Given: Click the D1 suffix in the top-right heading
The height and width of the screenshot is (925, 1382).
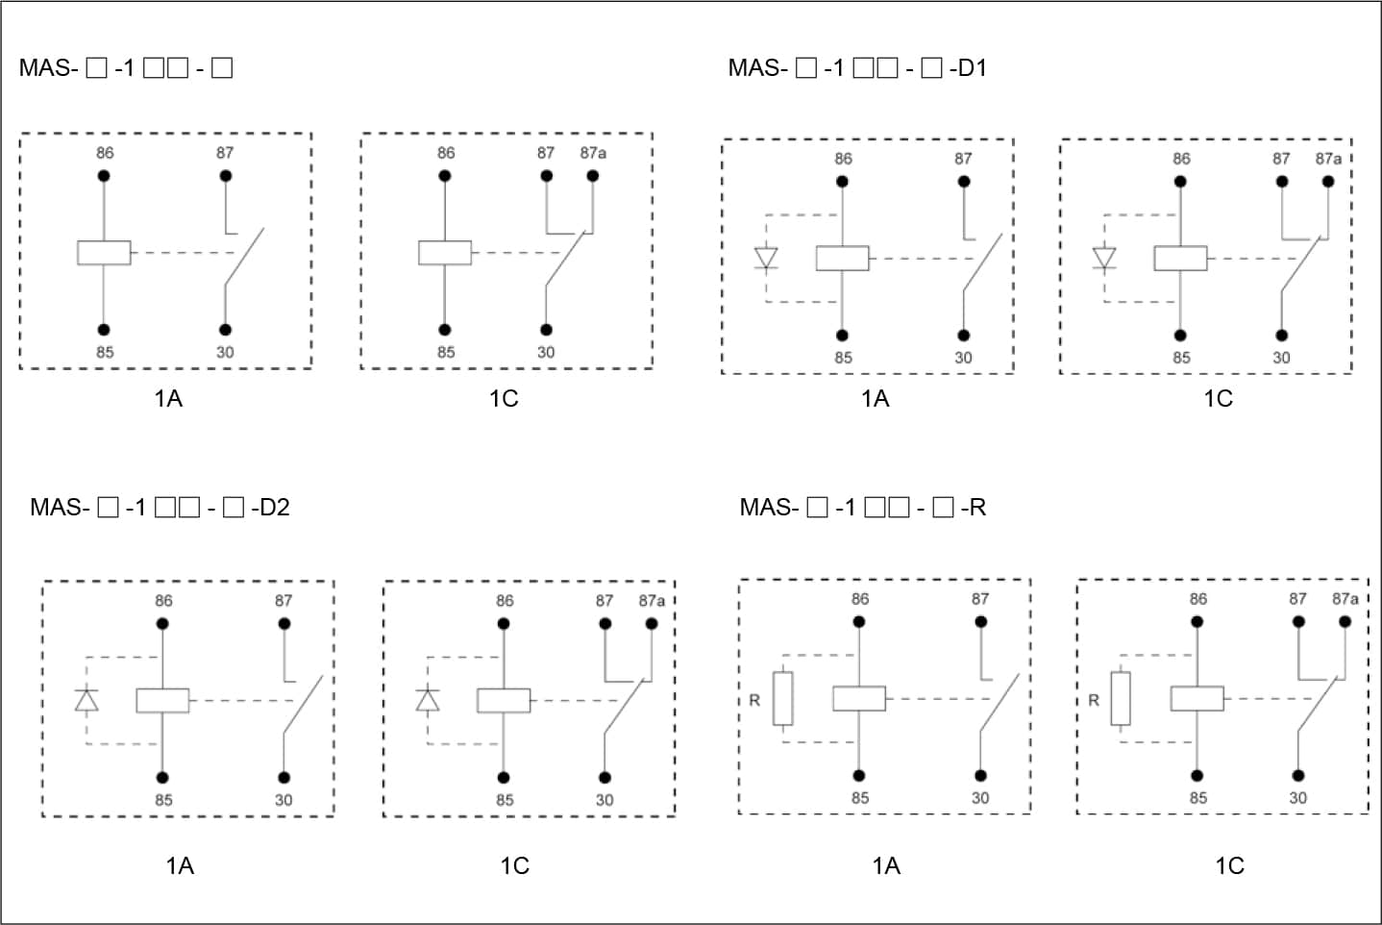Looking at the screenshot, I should pos(972,68).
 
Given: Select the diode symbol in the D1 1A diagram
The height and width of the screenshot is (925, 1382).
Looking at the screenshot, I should pos(766,259).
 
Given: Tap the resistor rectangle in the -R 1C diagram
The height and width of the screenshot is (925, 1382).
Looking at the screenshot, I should pos(1121,698).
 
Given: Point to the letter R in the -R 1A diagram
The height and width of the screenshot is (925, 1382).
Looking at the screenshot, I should pos(754,700).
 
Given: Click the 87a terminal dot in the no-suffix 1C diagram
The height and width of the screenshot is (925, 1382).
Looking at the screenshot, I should pos(593,176).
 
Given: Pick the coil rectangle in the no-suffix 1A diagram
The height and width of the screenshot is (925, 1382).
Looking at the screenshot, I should pos(104,253).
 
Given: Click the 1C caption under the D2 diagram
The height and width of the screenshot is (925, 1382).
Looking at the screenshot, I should pos(514,865).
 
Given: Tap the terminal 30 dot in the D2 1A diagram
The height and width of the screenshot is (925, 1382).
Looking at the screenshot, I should pos(284,777).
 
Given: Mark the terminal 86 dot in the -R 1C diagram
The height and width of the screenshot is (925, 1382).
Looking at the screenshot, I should pos(1197,622).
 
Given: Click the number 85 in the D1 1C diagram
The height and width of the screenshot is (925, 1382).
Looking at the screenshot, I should pos(1181,358).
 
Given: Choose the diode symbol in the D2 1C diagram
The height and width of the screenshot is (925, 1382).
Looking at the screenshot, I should pos(428,700).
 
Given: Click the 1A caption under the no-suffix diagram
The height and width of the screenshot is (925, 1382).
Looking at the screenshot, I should pos(168,398).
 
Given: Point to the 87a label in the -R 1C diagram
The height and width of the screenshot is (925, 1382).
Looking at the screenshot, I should pos(1345,599).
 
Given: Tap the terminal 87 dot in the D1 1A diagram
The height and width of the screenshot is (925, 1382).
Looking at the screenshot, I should pos(964,182).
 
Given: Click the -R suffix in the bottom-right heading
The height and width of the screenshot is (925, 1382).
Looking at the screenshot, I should pos(975,508).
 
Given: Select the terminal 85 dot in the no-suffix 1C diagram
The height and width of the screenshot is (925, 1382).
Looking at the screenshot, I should pos(445,330).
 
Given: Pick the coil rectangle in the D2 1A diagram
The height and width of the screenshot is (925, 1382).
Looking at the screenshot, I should pos(162,700).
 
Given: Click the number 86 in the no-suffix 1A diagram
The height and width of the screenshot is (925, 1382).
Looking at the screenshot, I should pos(105,153).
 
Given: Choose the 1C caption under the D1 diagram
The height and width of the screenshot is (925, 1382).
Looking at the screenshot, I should pos(1218,398).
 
